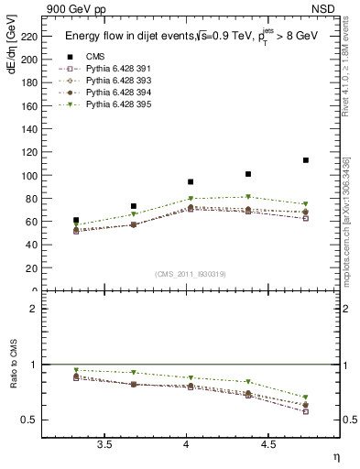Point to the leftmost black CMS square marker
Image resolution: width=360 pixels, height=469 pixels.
click(x=76, y=221)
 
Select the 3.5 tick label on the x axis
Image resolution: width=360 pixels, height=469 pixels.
click(x=104, y=444)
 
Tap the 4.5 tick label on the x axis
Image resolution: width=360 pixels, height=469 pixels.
click(x=267, y=444)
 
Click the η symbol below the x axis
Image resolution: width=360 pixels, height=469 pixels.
click(x=334, y=456)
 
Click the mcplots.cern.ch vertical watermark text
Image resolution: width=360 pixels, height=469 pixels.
click(x=350, y=220)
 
